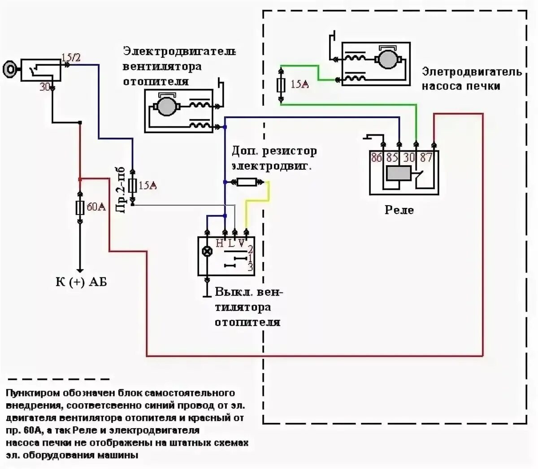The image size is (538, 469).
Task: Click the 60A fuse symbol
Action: [x=80, y=207]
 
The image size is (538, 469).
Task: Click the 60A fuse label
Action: [x=96, y=207]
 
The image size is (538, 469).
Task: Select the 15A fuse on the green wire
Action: [x=281, y=84]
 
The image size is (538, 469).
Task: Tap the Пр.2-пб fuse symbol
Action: [x=132, y=185]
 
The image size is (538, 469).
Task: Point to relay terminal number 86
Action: [x=377, y=157]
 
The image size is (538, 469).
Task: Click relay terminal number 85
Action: [x=392, y=157]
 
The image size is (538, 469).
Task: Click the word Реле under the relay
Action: [x=399, y=210]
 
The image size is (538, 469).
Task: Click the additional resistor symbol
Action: [x=246, y=182]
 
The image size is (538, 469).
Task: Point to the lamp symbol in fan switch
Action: [x=207, y=251]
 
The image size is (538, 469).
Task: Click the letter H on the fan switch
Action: [x=219, y=244]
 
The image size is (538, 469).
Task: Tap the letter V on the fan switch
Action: [x=242, y=244]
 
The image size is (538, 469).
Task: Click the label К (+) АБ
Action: [x=81, y=282]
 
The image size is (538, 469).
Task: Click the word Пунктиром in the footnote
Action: [x=31, y=393]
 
